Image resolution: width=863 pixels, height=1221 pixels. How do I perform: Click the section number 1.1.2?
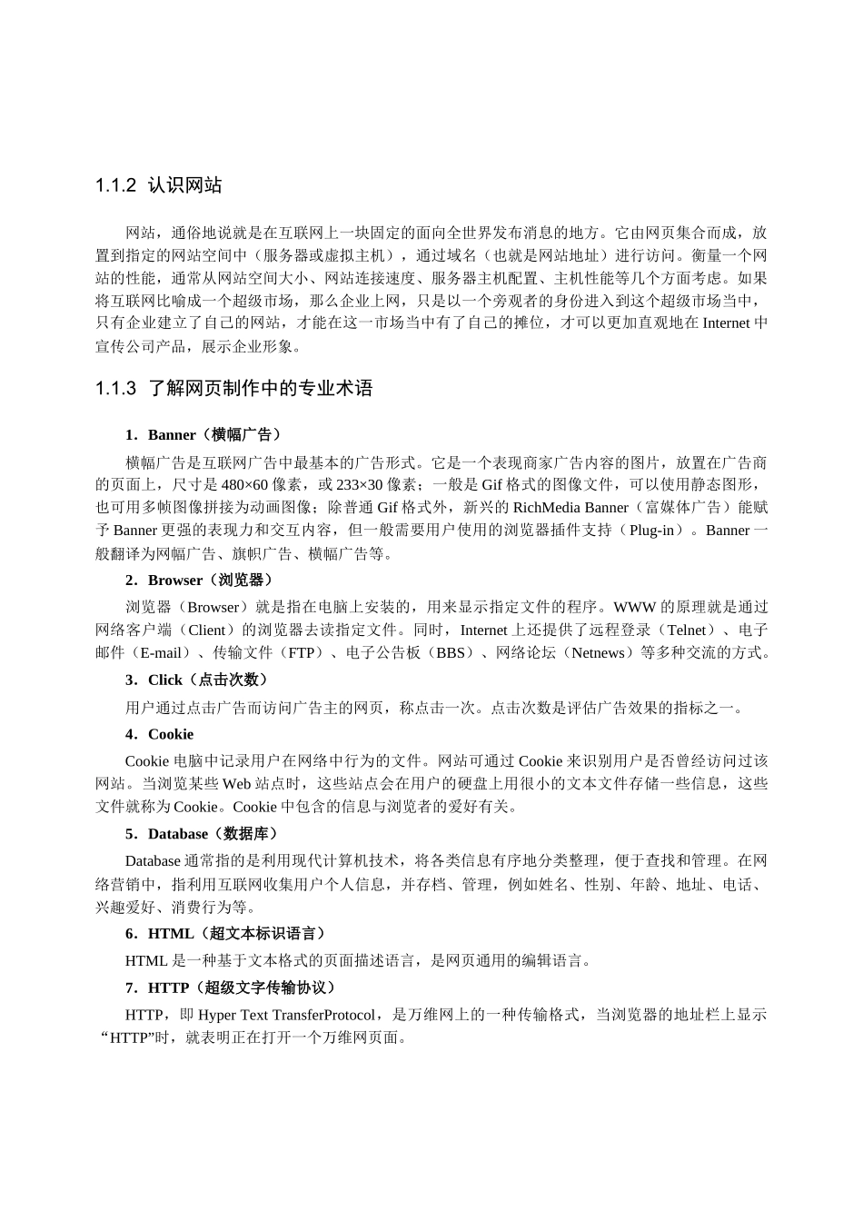point(115,185)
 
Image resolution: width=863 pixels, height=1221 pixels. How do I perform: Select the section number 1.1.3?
point(115,389)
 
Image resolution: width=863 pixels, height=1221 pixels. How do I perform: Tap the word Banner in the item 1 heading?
point(172,435)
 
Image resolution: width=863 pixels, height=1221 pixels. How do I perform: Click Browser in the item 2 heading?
point(175,581)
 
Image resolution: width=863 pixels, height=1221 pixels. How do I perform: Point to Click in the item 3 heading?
point(165,680)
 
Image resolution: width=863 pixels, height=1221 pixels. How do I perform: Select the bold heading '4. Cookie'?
point(159,734)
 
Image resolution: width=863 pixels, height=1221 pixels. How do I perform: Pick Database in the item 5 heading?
point(178,834)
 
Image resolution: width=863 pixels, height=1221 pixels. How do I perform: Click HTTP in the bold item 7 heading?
point(169,988)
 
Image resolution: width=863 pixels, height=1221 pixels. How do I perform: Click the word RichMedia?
point(546,507)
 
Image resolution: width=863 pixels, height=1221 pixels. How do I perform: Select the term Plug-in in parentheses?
point(653,530)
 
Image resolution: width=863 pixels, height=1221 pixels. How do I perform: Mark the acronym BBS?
point(450,652)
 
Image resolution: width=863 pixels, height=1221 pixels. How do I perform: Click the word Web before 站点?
point(236,783)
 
